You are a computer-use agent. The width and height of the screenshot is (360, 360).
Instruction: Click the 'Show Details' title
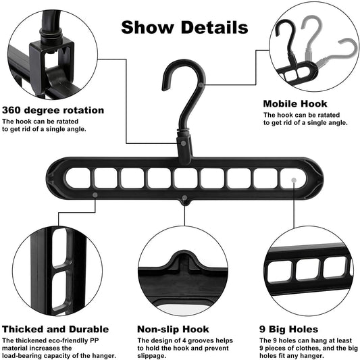click(184, 28)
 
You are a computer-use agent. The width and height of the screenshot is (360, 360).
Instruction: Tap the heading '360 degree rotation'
click(53, 110)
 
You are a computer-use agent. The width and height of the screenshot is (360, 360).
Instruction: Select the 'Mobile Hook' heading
click(295, 104)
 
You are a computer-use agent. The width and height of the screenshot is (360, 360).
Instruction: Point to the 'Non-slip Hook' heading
click(173, 328)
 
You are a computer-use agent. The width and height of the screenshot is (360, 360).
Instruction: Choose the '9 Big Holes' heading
click(287, 328)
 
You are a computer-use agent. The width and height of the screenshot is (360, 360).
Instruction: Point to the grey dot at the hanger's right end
click(292, 178)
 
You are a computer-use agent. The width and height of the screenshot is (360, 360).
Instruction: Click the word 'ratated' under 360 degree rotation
click(71, 122)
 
